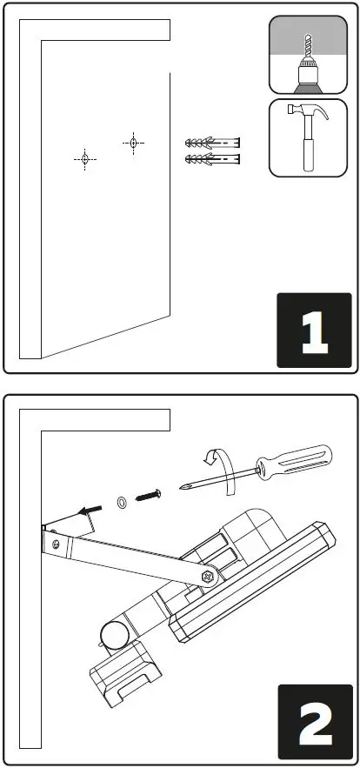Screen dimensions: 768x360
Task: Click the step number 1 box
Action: click(x=313, y=330)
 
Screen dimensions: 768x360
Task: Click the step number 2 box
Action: click(x=313, y=722)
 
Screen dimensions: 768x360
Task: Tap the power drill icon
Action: click(x=309, y=57)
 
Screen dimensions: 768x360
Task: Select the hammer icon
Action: click(x=309, y=137)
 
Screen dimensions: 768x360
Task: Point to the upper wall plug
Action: click(x=213, y=143)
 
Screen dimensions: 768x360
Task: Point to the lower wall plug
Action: click(x=213, y=159)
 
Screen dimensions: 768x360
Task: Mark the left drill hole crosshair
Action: click(x=85, y=158)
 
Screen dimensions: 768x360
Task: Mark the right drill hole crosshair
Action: click(x=132, y=142)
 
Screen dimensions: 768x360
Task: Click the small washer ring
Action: click(x=121, y=502)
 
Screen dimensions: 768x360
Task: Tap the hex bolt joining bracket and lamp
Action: click(x=209, y=575)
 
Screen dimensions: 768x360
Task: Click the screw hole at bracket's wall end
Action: click(x=57, y=544)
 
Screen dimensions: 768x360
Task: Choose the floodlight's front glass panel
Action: click(x=261, y=591)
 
